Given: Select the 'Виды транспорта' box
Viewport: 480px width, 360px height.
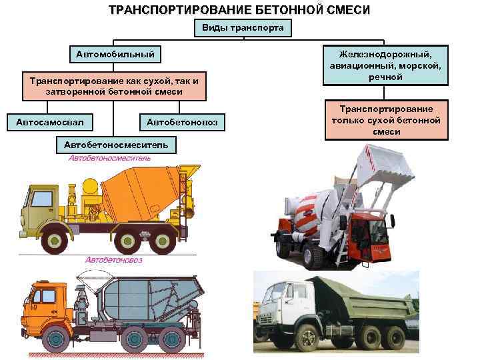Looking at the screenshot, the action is click(x=243, y=28).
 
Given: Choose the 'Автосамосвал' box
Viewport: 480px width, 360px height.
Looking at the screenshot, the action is click(x=50, y=121).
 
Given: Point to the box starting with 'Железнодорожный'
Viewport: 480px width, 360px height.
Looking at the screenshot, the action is click(x=385, y=65).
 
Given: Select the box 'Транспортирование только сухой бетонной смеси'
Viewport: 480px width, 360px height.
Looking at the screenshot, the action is click(x=386, y=120).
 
